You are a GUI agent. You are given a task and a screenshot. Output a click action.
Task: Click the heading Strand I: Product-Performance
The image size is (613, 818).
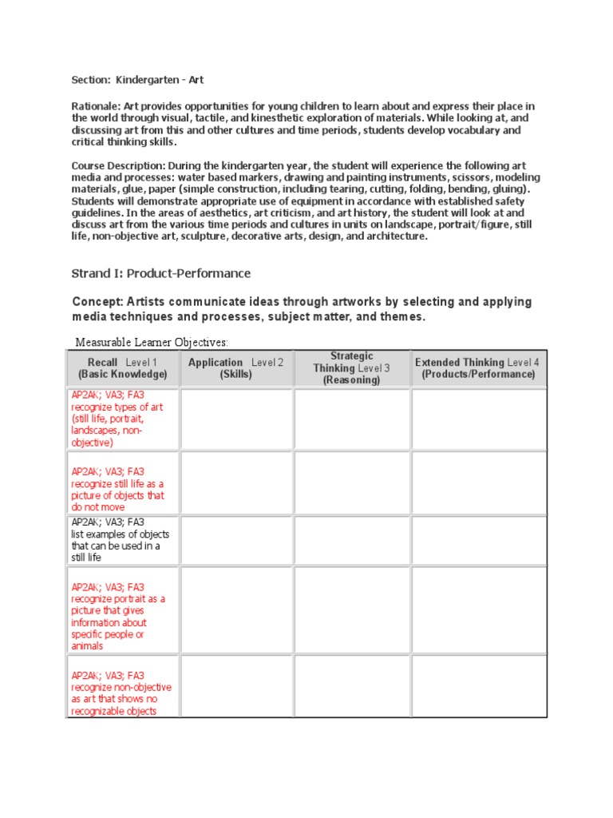click(x=161, y=273)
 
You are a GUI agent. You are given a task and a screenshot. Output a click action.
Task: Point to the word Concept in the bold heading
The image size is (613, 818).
click(x=97, y=302)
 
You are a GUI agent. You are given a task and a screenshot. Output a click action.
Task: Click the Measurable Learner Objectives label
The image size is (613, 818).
click(x=151, y=343)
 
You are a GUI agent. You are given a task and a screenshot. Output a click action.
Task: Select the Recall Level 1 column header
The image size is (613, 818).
click(x=122, y=368)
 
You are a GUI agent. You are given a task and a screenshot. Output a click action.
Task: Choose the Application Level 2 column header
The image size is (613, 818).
click(x=235, y=368)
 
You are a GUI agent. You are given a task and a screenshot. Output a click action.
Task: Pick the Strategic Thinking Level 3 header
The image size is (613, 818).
click(x=352, y=368)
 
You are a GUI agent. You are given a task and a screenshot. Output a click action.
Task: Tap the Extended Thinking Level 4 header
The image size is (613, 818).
click(x=477, y=368)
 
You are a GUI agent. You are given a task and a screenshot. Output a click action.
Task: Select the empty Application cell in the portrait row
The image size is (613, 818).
click(x=236, y=610)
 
